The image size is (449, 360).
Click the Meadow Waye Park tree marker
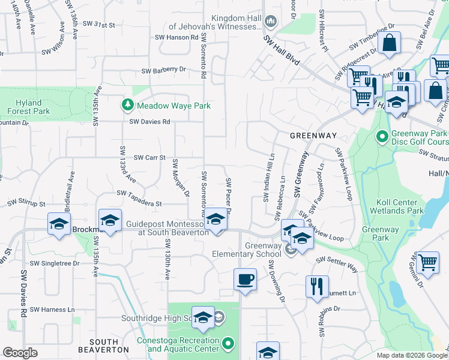pos(127,106)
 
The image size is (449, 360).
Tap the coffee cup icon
pos(245,280)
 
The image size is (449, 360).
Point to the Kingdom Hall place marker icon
pos(270,22)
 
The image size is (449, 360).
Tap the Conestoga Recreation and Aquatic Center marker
pos(228,344)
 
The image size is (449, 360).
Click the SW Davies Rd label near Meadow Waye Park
pos(150,122)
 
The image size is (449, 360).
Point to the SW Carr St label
pos(149,158)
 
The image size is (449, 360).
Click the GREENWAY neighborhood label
pos(313,136)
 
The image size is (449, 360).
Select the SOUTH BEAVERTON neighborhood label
pos(104,349)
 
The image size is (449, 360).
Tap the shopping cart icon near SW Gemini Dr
pos(427,262)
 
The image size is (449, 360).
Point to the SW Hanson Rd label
pos(178,37)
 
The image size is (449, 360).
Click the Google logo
pos(20,353)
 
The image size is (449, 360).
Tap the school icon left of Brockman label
pos(59,224)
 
